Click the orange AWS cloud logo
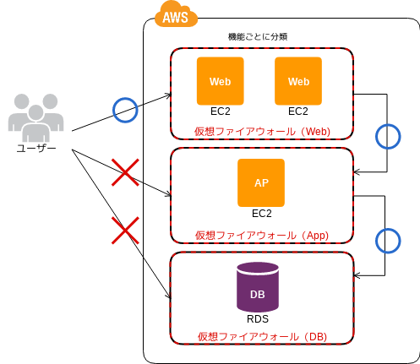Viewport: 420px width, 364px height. pyautogui.click(x=176, y=14)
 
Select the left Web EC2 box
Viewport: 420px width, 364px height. pyautogui.click(x=221, y=81)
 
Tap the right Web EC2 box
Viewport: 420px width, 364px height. pyautogui.click(x=298, y=81)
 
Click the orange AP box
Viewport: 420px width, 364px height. pyautogui.click(x=261, y=182)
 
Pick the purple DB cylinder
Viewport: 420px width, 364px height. pyautogui.click(x=258, y=287)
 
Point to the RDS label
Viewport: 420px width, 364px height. pyautogui.click(x=258, y=319)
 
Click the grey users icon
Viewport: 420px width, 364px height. pyautogui.click(x=35, y=117)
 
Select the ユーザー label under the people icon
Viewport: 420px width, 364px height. pyautogui.click(x=36, y=148)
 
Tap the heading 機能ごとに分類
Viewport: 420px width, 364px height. pyautogui.click(x=258, y=37)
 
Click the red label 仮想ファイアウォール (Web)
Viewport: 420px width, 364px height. pyautogui.click(x=262, y=132)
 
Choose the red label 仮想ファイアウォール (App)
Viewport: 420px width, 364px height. pyautogui.click(x=262, y=235)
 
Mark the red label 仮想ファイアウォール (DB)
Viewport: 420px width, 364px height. pyautogui.click(x=262, y=336)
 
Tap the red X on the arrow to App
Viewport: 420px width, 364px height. pyautogui.click(x=125, y=172)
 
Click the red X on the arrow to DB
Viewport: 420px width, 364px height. pyautogui.click(x=125, y=231)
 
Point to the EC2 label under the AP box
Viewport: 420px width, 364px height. pyautogui.click(x=262, y=214)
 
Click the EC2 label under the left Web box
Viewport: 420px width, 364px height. pyautogui.click(x=221, y=111)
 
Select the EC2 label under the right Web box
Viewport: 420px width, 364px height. pyautogui.click(x=298, y=111)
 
